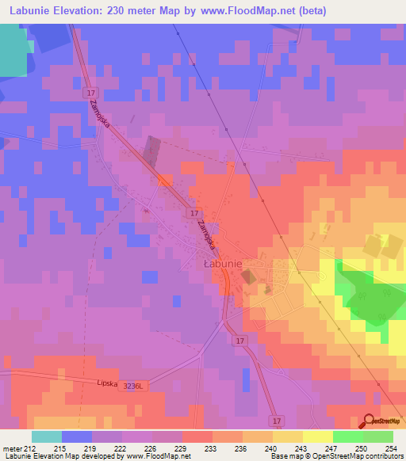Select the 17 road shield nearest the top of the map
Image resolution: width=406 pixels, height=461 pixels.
[91, 93]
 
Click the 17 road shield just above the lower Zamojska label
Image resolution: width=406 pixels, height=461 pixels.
[193, 213]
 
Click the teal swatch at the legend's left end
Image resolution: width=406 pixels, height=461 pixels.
[46, 436]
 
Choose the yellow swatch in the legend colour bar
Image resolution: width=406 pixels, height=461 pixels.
[317, 436]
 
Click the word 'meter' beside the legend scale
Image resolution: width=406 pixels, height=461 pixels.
[12, 448]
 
